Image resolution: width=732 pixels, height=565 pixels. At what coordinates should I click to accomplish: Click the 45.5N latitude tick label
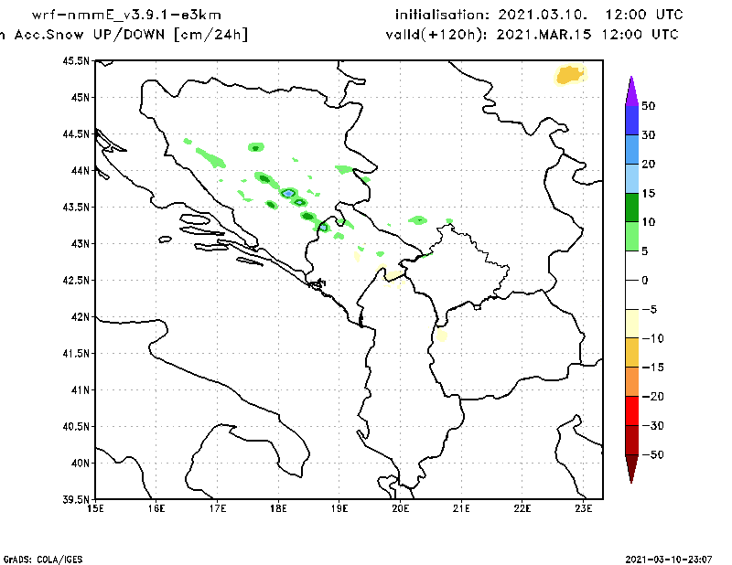coord(75,60)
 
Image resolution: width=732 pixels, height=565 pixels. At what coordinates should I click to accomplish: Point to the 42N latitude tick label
coord(79,317)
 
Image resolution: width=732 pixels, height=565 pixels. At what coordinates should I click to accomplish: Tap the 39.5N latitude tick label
coord(75,500)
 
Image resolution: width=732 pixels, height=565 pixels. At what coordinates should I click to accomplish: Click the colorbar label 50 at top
coord(648,106)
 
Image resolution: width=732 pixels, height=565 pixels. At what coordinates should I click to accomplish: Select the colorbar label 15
coord(648,194)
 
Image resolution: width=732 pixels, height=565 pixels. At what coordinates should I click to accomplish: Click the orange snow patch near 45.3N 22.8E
coord(570,75)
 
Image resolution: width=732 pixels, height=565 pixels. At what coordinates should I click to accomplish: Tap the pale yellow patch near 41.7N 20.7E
coord(441,335)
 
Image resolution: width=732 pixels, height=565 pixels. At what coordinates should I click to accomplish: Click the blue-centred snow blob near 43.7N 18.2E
coord(288,193)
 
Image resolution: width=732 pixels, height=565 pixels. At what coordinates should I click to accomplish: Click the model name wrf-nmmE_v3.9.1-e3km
coord(126,15)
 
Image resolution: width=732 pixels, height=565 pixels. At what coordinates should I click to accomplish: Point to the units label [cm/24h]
coord(210,34)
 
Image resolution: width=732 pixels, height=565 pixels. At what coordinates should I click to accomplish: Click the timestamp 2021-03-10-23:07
coord(671,558)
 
